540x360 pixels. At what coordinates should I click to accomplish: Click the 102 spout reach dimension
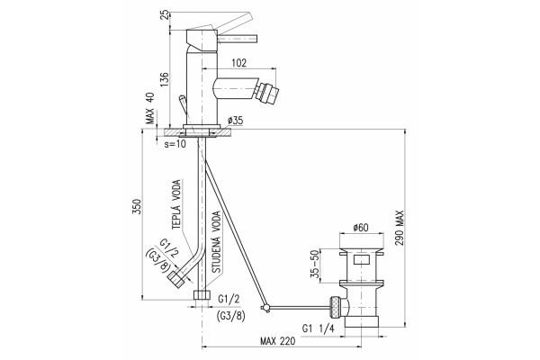239,63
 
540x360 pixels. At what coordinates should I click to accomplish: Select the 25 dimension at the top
166,14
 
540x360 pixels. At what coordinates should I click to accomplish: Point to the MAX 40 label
150,108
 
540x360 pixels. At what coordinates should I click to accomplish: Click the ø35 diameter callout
235,121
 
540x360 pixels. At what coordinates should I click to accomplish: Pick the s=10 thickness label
175,144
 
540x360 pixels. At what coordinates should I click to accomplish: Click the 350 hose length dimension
137,206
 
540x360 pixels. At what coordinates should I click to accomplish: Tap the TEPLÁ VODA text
176,204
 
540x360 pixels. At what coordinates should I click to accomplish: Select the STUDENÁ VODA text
217,242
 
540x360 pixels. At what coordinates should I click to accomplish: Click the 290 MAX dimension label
400,228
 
